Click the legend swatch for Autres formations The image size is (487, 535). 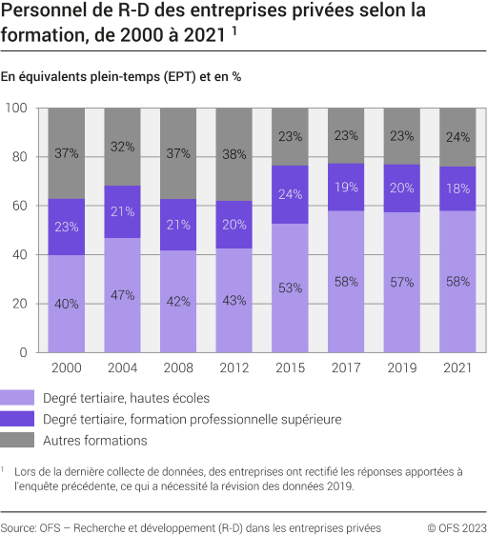point(17,440)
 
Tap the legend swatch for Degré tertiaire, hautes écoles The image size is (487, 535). point(17,396)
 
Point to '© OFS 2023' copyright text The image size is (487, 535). point(456,527)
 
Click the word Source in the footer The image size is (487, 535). point(18,527)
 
